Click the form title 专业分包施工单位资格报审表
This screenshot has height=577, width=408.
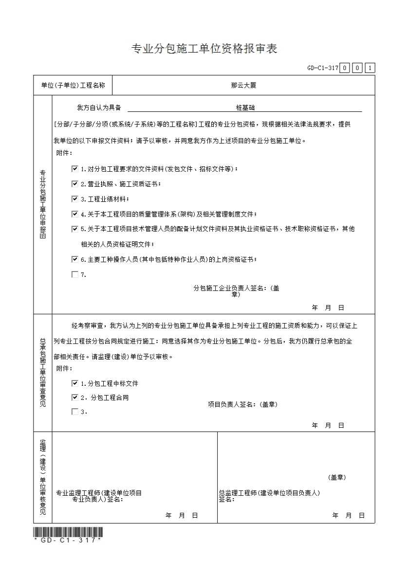tap(204, 49)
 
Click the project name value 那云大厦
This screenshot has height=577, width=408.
tap(243, 85)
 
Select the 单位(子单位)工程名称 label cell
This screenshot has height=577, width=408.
tap(73, 85)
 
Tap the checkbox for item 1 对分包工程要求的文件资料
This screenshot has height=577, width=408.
tap(74, 169)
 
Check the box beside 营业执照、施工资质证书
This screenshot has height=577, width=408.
tap(74, 184)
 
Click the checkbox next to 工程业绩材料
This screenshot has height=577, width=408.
tap(74, 199)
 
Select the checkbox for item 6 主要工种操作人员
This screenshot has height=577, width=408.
tap(74, 259)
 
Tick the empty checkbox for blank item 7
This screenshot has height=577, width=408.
tap(74, 274)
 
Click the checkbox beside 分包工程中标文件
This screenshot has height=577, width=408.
tap(74, 383)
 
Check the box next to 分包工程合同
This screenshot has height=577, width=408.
tap(74, 397)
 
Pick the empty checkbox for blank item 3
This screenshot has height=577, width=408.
tap(74, 412)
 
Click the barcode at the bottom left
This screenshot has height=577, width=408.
tap(68, 531)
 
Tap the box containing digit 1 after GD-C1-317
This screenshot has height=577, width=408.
tap(370, 68)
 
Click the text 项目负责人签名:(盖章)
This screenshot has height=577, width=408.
tap(242, 404)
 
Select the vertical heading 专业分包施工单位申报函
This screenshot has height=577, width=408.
tap(43, 204)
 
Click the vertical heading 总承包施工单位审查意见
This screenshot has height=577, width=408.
tap(43, 373)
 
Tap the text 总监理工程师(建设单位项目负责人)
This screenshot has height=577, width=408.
tap(269, 493)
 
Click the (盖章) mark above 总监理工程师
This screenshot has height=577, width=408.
tap(337, 477)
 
